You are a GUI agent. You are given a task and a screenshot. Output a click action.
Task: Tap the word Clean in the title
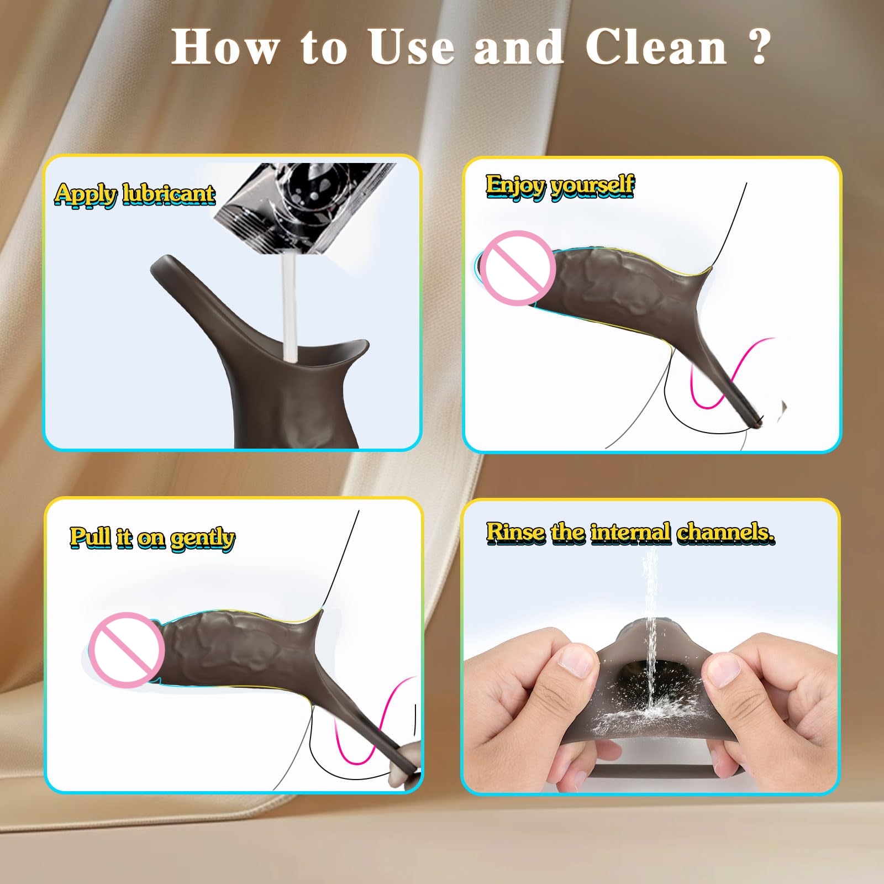[x=656, y=47]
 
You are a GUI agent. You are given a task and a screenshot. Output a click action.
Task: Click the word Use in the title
[x=412, y=47]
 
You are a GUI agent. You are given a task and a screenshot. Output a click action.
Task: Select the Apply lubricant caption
[x=135, y=194]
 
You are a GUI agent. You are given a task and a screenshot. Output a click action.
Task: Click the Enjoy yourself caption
[x=560, y=186]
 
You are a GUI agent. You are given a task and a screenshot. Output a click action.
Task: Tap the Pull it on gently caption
[x=152, y=538]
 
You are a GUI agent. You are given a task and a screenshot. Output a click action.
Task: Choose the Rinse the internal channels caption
[x=630, y=533]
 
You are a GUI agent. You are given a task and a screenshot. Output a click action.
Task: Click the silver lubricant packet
[x=305, y=207]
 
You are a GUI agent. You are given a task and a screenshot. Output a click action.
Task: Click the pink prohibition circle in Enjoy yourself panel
[x=517, y=269]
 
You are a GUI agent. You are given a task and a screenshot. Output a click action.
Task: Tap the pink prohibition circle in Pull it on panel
[x=127, y=650]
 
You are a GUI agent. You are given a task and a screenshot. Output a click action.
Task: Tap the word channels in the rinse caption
[x=725, y=533]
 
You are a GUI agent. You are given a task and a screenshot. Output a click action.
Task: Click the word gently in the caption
[x=202, y=539]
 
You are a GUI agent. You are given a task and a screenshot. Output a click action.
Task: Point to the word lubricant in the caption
[x=169, y=194]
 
